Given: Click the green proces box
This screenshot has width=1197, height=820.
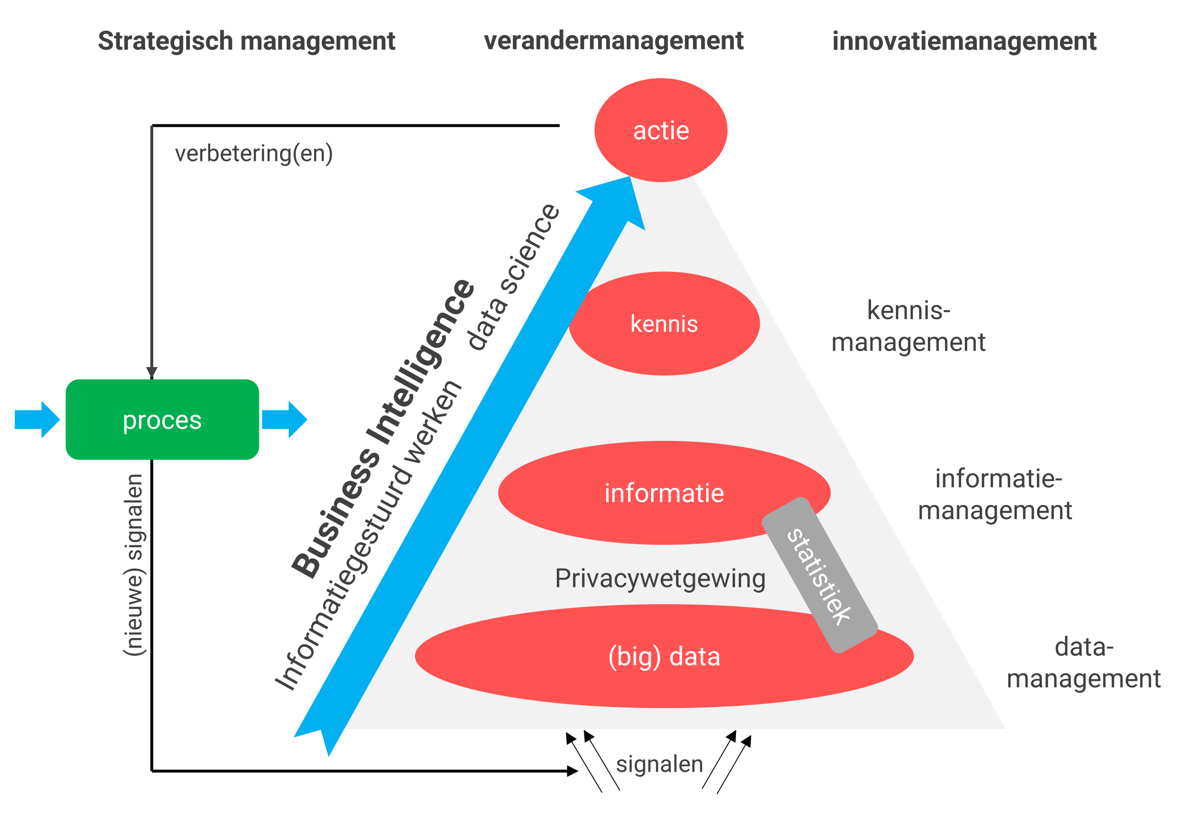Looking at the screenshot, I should click(162, 419).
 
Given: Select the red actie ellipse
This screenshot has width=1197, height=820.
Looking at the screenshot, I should click(660, 130).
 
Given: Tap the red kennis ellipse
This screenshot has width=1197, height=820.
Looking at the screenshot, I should click(665, 324).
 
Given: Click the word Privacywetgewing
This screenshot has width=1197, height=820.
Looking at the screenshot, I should click(660, 578).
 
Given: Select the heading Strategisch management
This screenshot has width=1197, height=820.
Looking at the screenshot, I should click(246, 41).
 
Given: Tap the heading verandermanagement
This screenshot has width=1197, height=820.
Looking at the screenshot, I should click(613, 41).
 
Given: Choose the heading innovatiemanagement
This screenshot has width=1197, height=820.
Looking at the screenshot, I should click(964, 41).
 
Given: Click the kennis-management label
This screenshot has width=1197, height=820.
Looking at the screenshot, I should click(908, 326).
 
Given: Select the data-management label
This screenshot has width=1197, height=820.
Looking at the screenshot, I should click(1083, 663).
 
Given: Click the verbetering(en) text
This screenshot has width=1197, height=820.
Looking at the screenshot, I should click(253, 154).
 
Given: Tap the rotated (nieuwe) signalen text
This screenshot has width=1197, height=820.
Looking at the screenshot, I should click(134, 564).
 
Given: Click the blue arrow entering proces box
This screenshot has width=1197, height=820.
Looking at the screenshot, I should click(37, 419).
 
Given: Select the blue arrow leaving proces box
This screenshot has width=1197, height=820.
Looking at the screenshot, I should click(284, 419).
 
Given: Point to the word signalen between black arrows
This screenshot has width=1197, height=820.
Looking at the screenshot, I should click(659, 764).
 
